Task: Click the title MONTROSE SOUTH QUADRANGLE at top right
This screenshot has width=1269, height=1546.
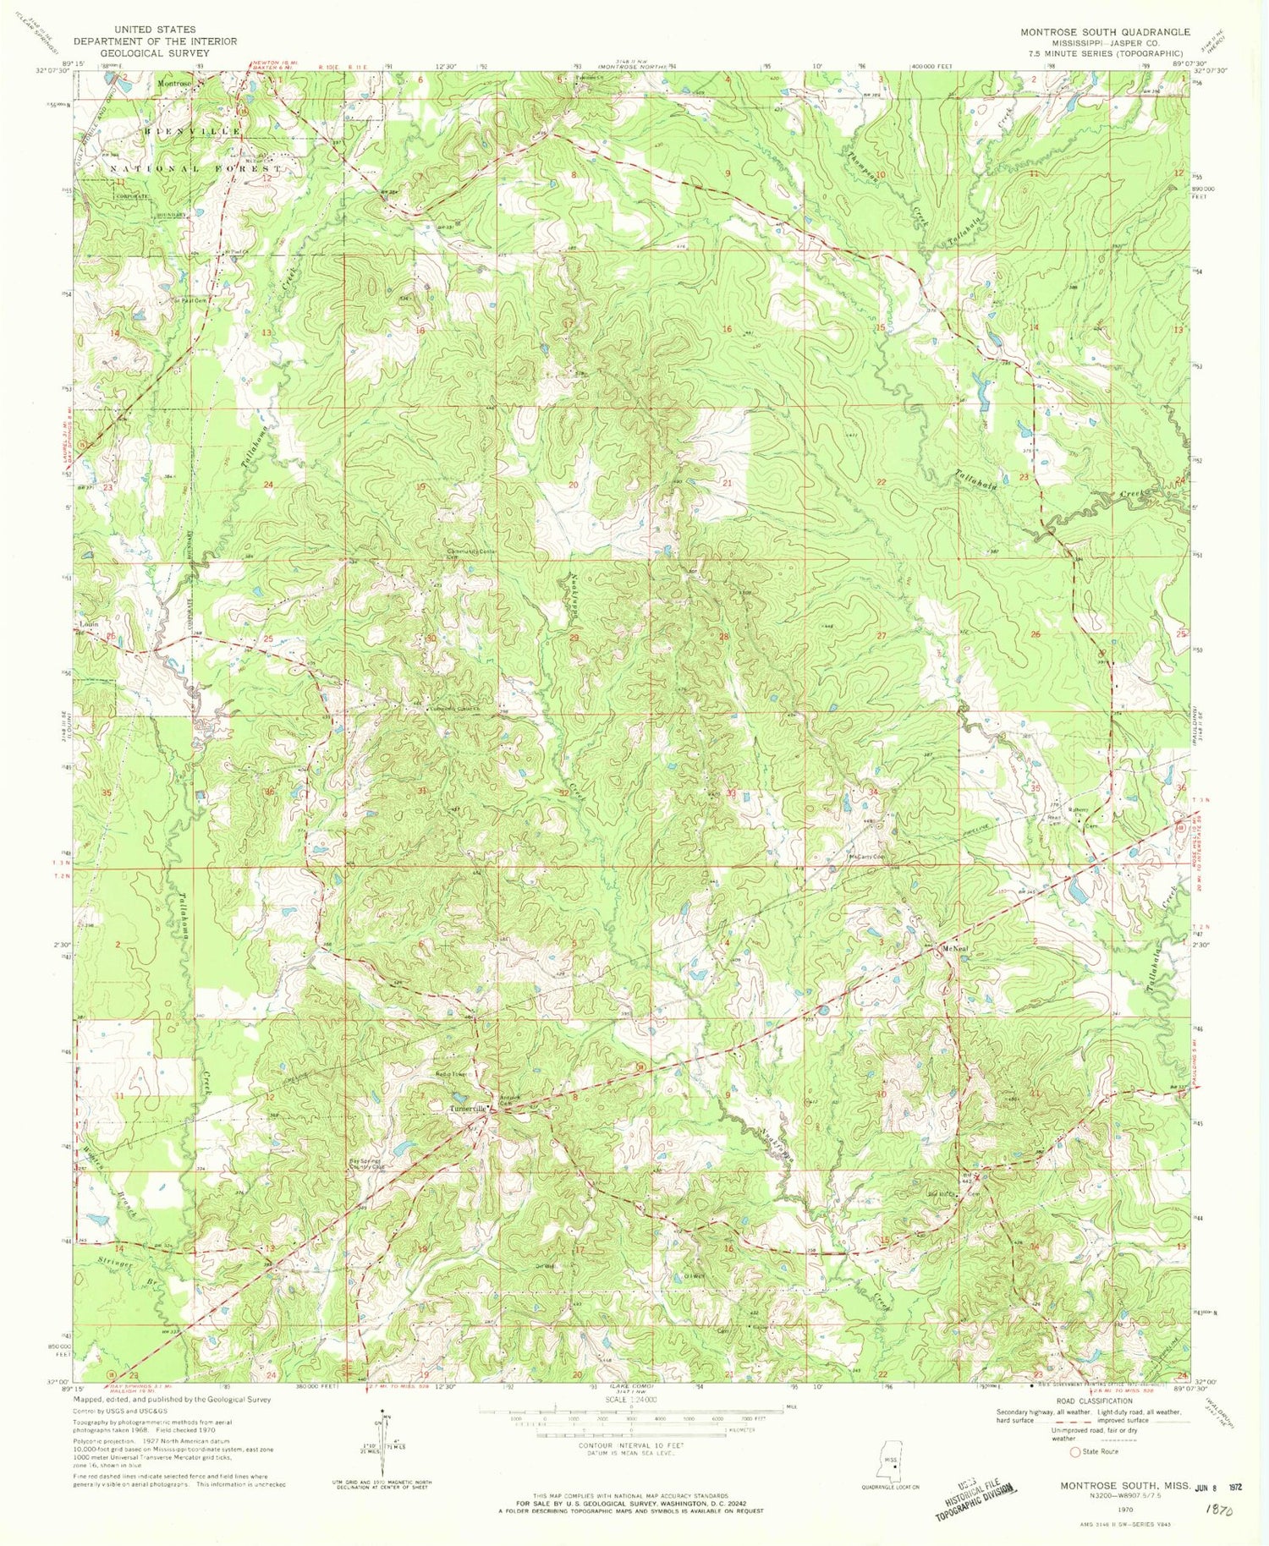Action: click(1104, 32)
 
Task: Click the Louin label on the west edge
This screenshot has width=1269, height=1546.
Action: click(89, 624)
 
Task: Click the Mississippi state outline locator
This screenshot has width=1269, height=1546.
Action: click(888, 1461)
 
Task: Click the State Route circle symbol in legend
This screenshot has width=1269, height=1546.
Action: click(1075, 1451)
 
